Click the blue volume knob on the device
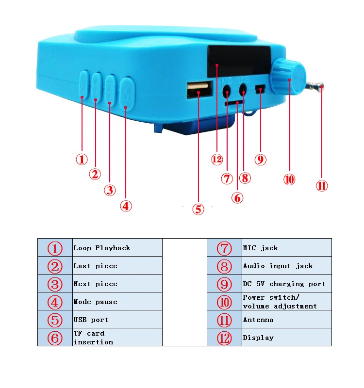pyautogui.click(x=288, y=77)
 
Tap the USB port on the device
pyautogui.click(x=199, y=90)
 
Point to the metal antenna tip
pyautogui.click(x=320, y=87)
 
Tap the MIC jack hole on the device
pyautogui.click(x=227, y=90)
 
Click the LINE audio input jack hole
pyautogui.click(x=243, y=89)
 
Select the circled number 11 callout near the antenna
pyautogui.click(x=322, y=186)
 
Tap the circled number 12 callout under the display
pyautogui.click(x=216, y=159)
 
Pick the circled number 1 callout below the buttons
pyautogui.click(x=82, y=159)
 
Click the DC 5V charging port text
pyautogui.click(x=284, y=284)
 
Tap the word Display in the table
pyautogui.click(x=258, y=338)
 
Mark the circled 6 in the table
pyautogui.click(x=55, y=338)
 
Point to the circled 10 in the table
pyautogui.click(x=224, y=302)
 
